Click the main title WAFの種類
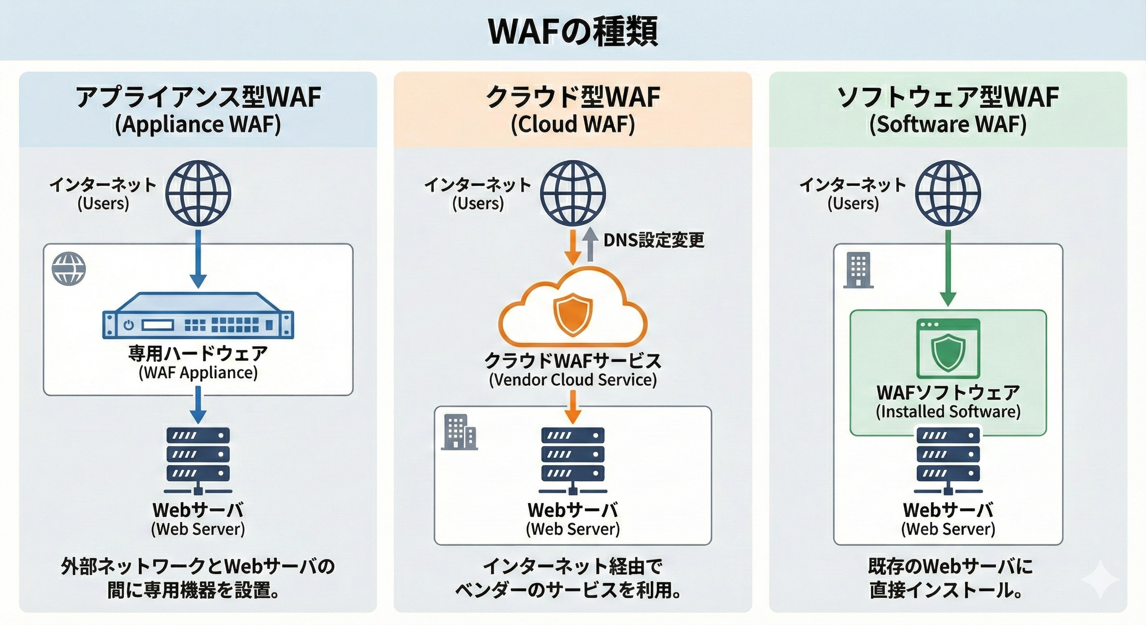tap(573, 31)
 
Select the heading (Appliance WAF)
tap(198, 125)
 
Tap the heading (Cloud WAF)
tap(573, 125)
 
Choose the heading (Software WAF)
tap(948, 125)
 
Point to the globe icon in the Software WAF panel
tap(948, 193)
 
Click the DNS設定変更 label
tap(654, 240)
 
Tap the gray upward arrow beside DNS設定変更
tap(590, 245)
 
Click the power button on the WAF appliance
tap(129, 325)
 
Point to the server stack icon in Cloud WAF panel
tap(573, 461)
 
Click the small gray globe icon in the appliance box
tap(68, 269)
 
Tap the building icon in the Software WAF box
tap(859, 271)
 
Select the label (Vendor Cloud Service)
tap(573, 380)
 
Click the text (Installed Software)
tap(948, 411)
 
